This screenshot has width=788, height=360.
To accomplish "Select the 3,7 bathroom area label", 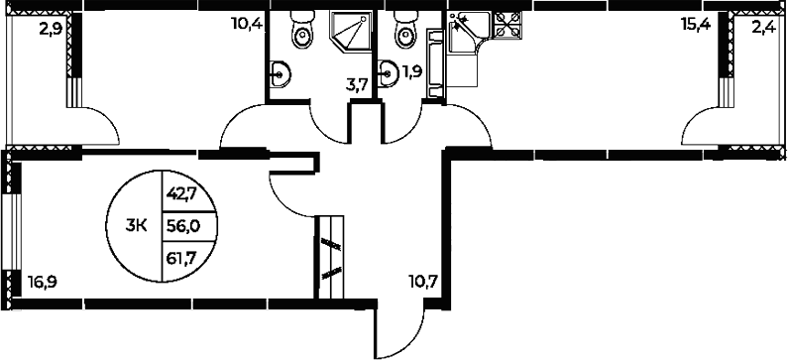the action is point(357,85).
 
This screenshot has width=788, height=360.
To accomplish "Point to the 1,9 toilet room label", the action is point(411,72).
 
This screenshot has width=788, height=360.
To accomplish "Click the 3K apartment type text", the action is point(137,226).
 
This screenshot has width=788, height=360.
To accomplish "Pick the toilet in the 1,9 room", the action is point(401,34).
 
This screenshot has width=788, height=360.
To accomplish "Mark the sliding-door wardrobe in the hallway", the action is point(330,255).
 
